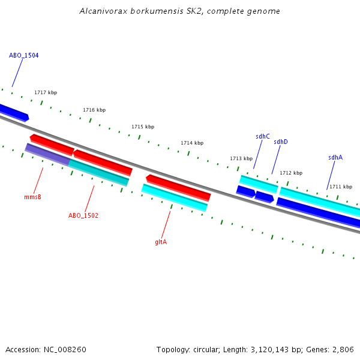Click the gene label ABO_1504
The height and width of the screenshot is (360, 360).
click(24, 55)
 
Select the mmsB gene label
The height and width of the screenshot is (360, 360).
click(32, 197)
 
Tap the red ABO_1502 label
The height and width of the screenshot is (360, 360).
click(83, 215)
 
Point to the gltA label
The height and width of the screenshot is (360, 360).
click(161, 242)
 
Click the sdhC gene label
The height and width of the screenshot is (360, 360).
click(263, 136)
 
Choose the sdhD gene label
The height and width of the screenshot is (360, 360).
click(281, 142)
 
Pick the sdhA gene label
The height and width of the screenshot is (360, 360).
click(335, 157)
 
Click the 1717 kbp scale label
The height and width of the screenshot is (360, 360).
click(46, 92)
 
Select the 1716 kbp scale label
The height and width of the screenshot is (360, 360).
click(94, 110)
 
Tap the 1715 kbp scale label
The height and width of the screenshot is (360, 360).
click(143, 127)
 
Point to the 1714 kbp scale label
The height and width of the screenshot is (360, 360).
click(192, 143)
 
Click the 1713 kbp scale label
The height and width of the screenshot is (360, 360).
click(241, 158)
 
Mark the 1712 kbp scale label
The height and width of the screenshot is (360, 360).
click(291, 173)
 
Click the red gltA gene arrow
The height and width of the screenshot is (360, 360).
click(178, 187)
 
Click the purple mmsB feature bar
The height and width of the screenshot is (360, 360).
click(47, 154)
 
